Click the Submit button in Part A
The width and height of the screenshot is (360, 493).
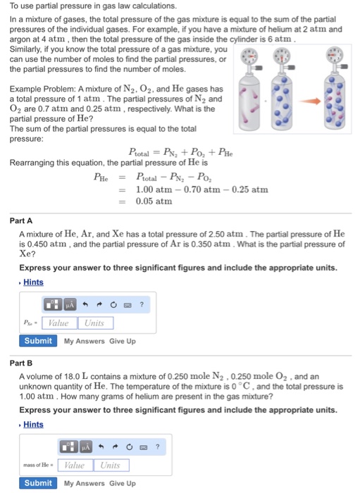(37, 341)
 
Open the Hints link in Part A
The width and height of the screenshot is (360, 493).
(33, 282)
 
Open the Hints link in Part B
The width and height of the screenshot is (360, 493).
(33, 425)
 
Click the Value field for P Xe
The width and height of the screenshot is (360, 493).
(59, 323)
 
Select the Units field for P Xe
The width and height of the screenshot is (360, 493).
(94, 323)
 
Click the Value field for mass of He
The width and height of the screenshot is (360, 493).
(75, 465)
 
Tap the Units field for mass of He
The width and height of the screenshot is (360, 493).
(110, 465)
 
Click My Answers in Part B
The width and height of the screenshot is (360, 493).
(84, 484)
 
